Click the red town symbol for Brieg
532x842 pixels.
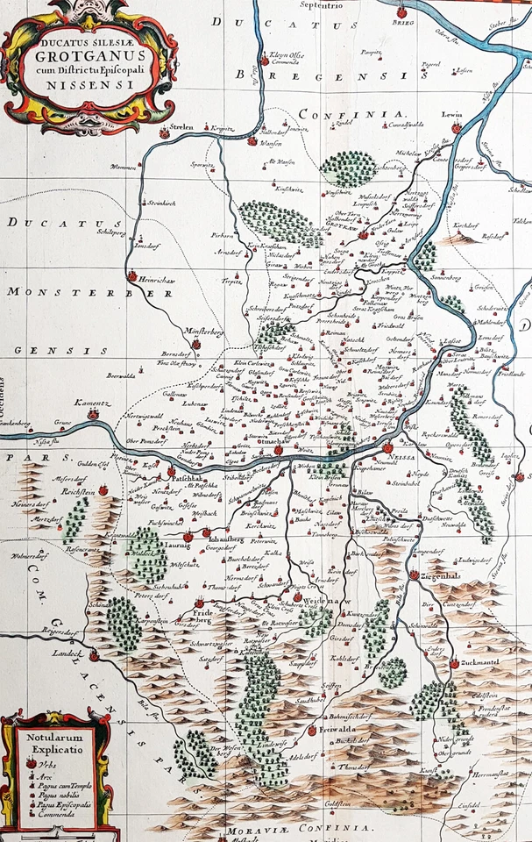tap(402, 13)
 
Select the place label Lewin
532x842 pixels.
tap(451, 115)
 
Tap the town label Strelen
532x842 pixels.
tap(181, 125)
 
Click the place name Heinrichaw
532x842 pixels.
tap(155, 279)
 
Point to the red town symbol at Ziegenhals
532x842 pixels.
tap(413, 574)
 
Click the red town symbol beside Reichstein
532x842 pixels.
tap(103, 490)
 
